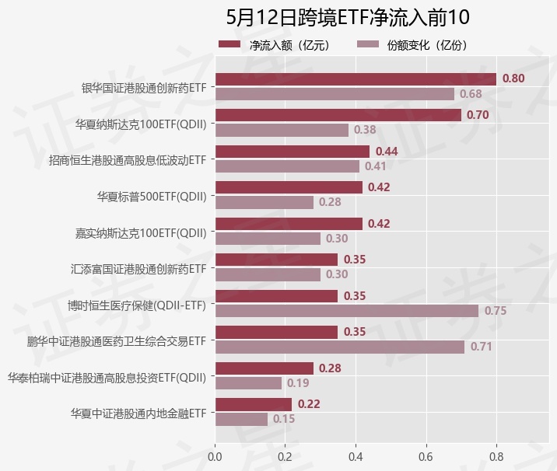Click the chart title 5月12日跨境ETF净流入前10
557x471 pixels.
347,17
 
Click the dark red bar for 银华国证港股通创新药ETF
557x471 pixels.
355,78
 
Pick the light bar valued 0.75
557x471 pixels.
346,310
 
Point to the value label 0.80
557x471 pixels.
513,78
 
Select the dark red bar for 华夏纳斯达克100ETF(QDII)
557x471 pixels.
338,115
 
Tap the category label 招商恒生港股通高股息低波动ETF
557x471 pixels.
127,160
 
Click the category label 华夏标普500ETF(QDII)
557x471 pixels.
152,196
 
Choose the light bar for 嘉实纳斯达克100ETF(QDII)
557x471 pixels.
267,239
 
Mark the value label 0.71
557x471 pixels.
482,347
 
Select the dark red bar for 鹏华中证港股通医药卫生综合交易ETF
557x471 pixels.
276,332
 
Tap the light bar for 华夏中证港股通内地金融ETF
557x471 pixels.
241,419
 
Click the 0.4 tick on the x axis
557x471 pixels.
356,456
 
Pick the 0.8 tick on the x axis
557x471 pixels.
496,456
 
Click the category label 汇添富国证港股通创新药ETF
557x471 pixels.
138,269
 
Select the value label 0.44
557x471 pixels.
387,151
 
